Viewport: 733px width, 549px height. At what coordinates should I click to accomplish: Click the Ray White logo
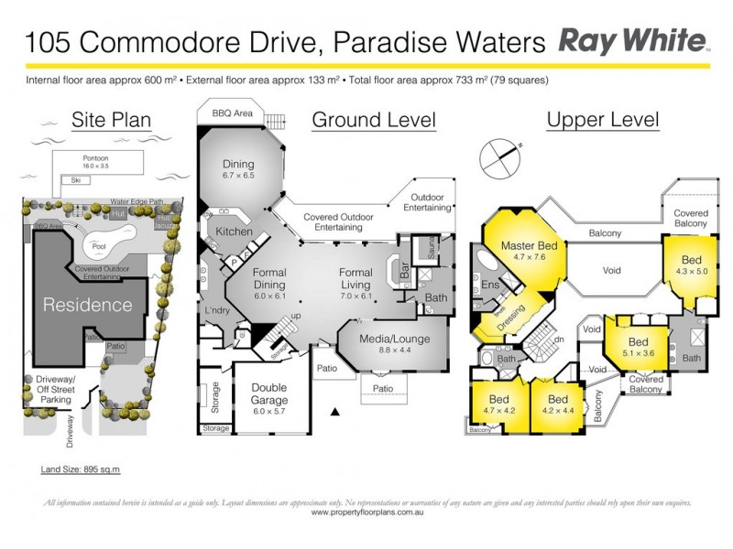point(633,41)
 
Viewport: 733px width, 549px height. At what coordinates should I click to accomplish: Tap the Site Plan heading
point(111,120)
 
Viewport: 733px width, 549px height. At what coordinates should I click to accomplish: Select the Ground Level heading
point(373,120)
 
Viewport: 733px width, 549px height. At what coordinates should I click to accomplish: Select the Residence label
point(87,305)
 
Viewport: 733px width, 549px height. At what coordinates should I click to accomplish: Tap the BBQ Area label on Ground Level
point(232,113)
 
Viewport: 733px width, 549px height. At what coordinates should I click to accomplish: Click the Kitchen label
point(235,231)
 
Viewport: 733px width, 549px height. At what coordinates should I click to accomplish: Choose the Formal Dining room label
point(269,277)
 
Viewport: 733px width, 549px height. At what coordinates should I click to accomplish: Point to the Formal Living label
point(356,277)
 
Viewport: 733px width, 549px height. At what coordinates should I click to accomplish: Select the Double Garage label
point(269,393)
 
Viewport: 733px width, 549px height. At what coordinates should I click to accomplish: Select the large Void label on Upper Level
point(613,271)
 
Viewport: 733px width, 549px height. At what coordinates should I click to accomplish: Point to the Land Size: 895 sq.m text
point(81,469)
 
